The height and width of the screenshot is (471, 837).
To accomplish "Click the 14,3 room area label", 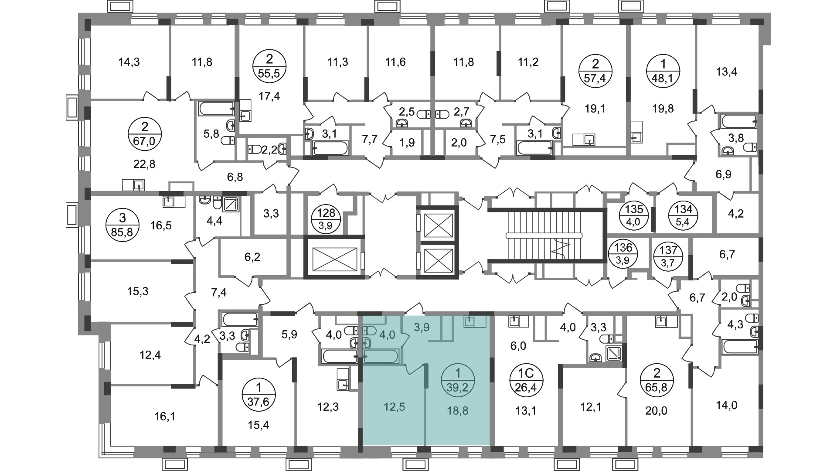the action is click(129, 62).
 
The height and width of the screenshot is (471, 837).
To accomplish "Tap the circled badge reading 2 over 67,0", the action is click(145, 135).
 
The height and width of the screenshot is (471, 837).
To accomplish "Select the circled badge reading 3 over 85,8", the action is click(122, 224).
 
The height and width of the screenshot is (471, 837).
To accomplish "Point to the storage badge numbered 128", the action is click(326, 219).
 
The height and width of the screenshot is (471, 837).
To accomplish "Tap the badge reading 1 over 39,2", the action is click(457, 380).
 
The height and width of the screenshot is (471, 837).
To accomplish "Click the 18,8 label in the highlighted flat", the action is click(457, 410).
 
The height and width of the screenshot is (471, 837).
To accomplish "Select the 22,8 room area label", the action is click(144, 164).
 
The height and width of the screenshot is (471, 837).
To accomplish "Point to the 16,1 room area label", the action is click(165, 417).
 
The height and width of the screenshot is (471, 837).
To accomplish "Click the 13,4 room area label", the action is click(726, 72).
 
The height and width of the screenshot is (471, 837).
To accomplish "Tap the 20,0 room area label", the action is click(657, 411).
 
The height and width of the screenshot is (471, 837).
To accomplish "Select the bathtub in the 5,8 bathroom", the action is click(217, 109).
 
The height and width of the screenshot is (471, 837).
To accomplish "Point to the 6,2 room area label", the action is click(252, 257).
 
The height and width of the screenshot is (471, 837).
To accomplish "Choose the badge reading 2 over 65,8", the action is click(657, 380).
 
